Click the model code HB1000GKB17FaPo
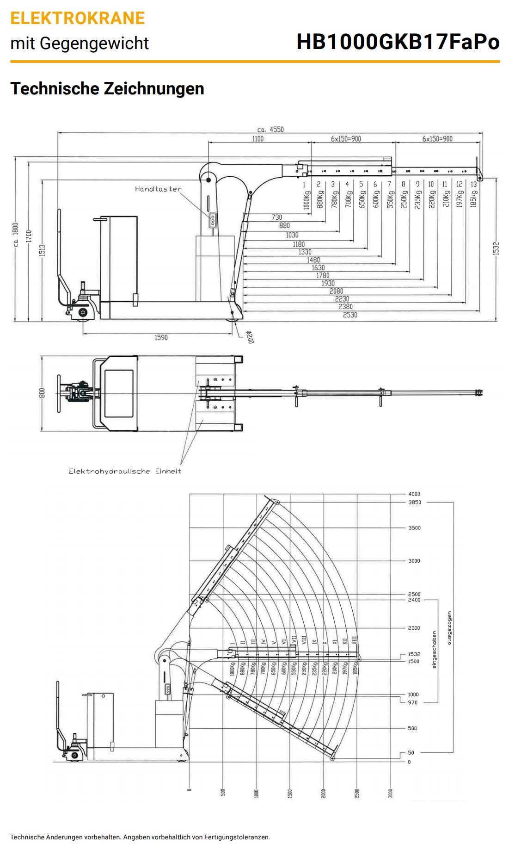(398, 42)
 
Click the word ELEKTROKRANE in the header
(78, 18)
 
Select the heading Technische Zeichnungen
(107, 88)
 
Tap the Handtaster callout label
(158, 189)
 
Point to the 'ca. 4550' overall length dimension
(270, 129)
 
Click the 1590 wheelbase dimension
(161, 337)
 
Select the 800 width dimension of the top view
(42, 393)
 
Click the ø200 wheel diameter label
(250, 336)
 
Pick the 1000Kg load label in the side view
(306, 200)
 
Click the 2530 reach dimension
(350, 315)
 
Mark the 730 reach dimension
(276, 217)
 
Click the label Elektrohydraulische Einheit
(125, 471)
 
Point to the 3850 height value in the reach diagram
(414, 502)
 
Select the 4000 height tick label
(414, 494)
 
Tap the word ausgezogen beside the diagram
(449, 627)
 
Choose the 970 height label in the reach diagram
(412, 702)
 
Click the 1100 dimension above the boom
(258, 138)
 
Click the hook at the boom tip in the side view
(479, 177)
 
